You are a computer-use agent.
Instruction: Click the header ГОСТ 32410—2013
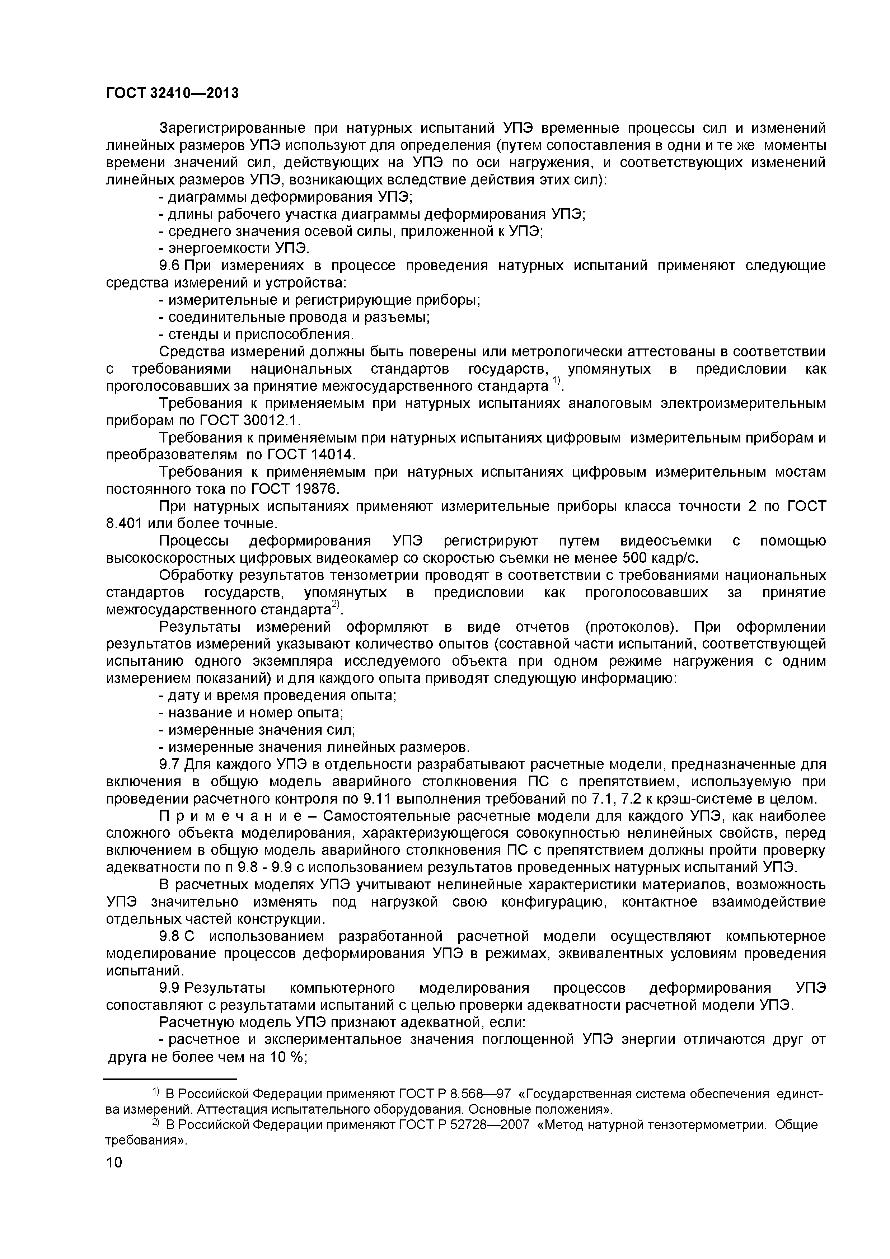(172, 94)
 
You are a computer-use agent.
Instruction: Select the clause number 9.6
(169, 266)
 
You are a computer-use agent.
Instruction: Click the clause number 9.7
(169, 764)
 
